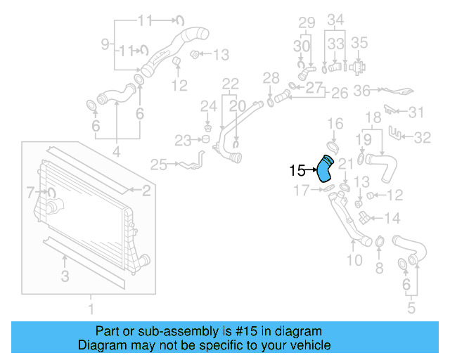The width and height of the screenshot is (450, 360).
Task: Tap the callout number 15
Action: [x=297, y=169]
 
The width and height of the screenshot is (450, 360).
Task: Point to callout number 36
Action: [x=362, y=90]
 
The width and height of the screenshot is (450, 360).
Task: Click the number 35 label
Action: [x=359, y=43]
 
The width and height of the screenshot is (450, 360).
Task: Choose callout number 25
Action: [x=158, y=165]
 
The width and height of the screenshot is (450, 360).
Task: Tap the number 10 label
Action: [x=355, y=260]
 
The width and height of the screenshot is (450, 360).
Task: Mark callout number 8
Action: [x=380, y=267]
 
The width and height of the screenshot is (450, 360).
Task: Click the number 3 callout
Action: [x=65, y=276]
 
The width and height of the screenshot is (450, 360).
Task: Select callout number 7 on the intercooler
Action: [x=30, y=191]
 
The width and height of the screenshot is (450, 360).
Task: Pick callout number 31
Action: [x=417, y=112]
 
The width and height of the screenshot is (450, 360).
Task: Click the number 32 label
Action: [x=422, y=138]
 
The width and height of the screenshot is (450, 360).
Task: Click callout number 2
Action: [x=146, y=190]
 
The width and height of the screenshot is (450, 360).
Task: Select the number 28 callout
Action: [x=271, y=77]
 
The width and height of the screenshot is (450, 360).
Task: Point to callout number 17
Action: [x=301, y=190]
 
